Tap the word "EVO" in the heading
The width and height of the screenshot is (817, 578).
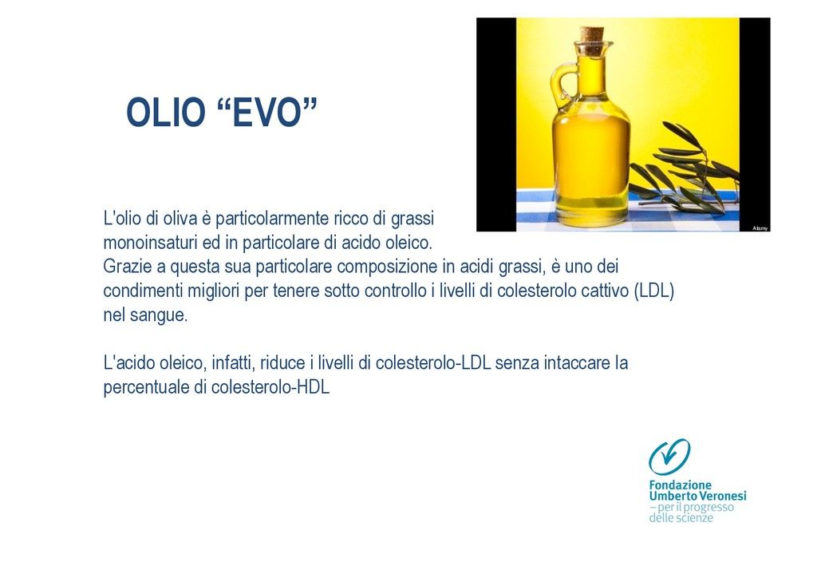266,112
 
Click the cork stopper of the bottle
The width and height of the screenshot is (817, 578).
592,37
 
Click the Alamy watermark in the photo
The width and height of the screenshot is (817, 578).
760,228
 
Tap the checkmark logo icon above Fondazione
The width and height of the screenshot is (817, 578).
669,456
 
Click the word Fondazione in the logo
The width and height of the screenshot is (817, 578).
680,485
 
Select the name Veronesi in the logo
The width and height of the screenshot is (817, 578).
721,496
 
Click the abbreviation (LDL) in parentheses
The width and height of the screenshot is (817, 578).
654,291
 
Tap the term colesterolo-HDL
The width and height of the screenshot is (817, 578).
270,387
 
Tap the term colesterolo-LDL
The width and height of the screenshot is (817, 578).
433,362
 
